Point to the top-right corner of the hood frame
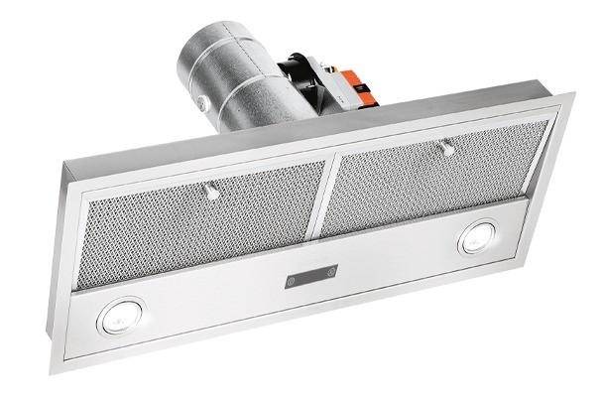pyautogui.click(x=571, y=93)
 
